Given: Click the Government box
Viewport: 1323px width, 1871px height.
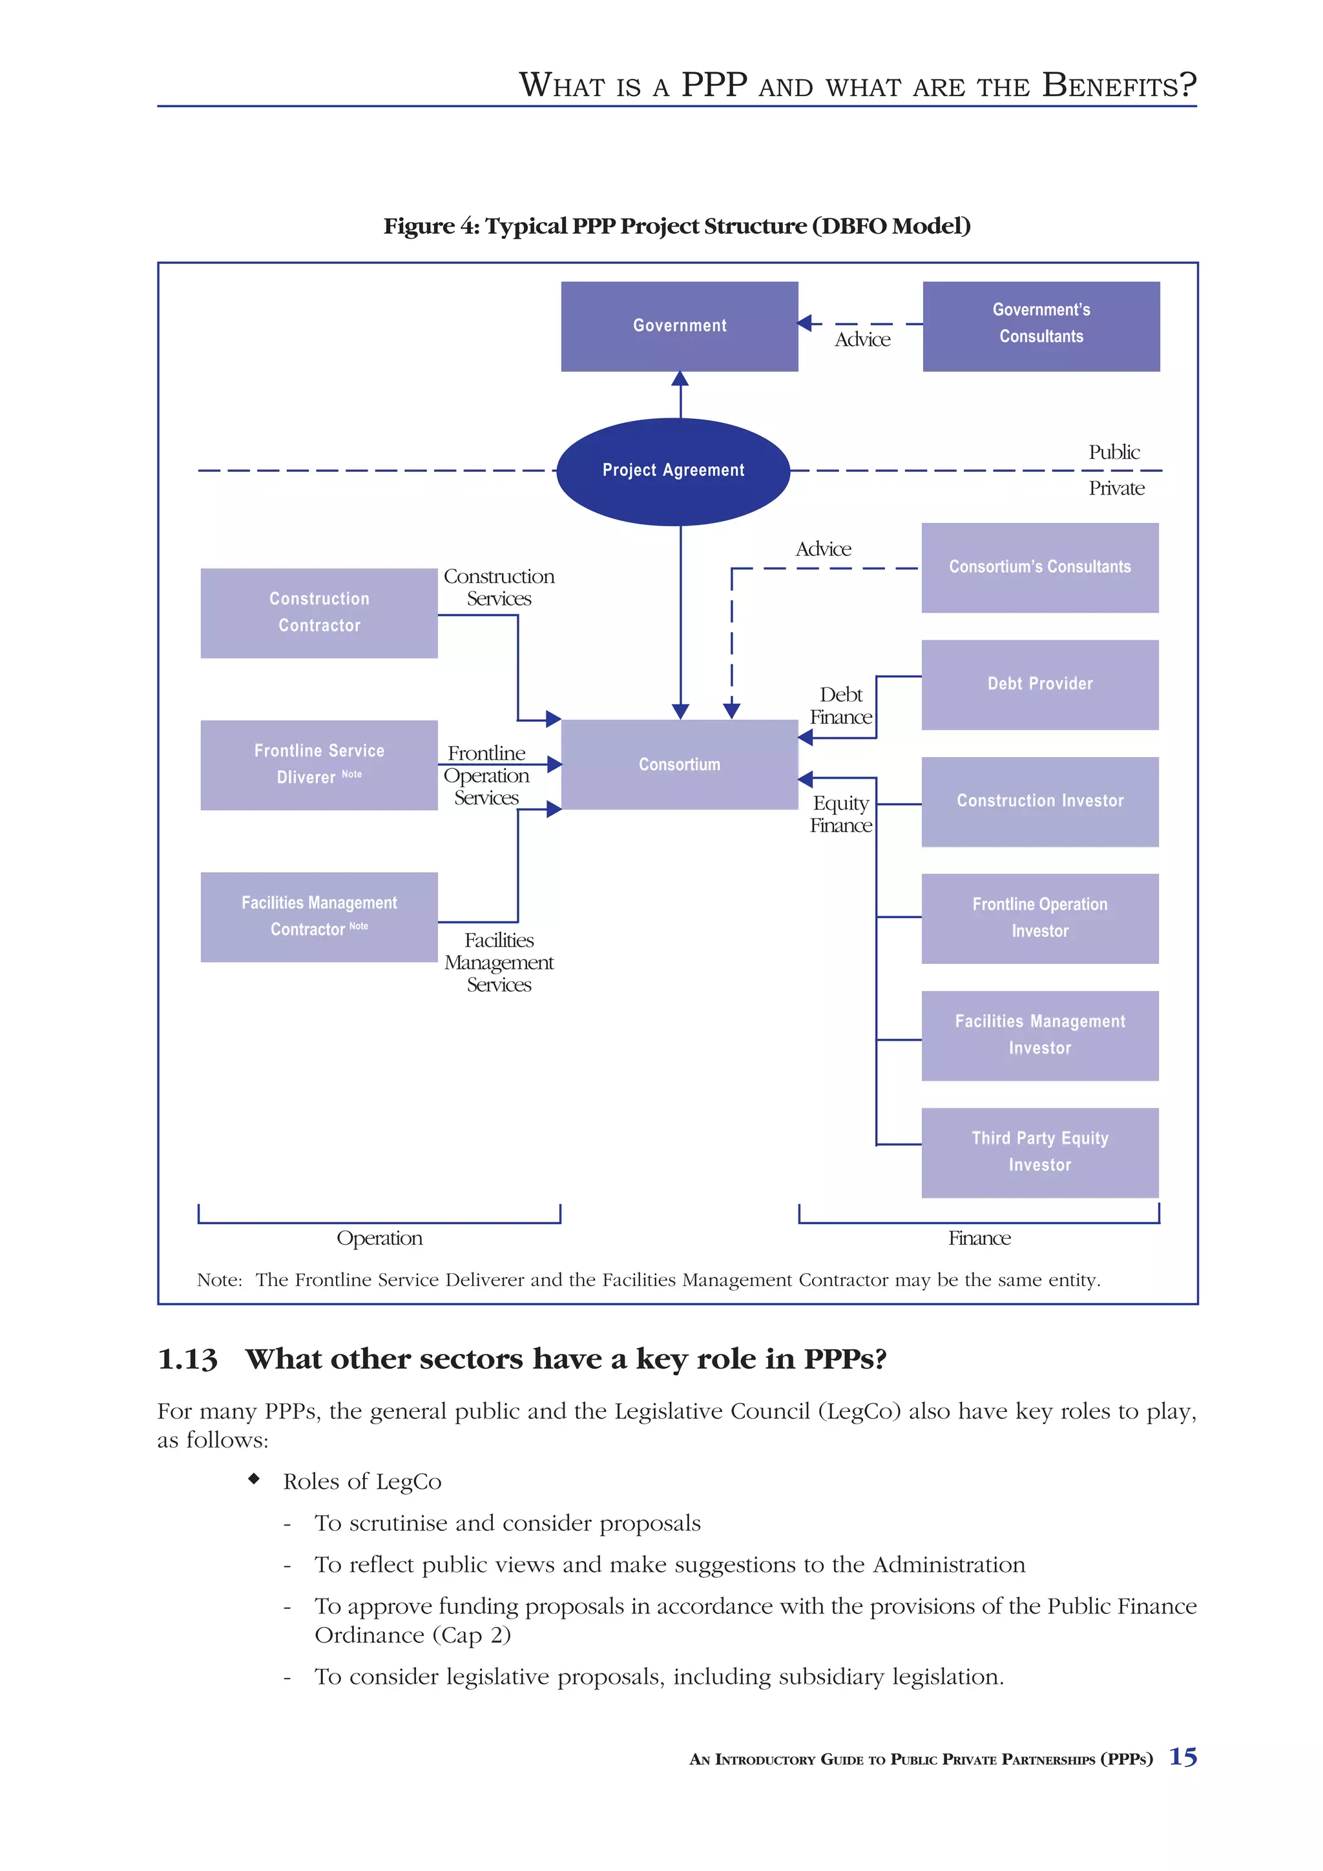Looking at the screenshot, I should pyautogui.click(x=679, y=326).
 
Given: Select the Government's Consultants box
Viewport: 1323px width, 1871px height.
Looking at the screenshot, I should pyautogui.click(x=1041, y=326).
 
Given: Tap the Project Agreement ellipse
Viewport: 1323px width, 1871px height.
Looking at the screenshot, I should pyautogui.click(x=673, y=471).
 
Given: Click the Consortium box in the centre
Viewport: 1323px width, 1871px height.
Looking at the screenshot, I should pyautogui.click(x=679, y=764).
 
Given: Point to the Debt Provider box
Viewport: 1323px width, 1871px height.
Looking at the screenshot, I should pyautogui.click(x=1039, y=684).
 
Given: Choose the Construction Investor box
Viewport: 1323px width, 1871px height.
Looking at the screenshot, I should pyautogui.click(x=1039, y=801).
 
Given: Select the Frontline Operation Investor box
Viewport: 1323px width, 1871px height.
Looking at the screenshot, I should pyautogui.click(x=1039, y=918).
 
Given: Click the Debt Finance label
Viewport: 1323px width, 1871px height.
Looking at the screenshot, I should pyautogui.click(x=840, y=706).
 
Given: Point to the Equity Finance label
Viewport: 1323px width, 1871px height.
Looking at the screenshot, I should pyautogui.click(x=840, y=814).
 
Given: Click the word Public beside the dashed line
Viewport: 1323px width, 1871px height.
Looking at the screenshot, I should pyautogui.click(x=1114, y=453).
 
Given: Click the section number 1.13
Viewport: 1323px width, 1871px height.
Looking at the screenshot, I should pyautogui.click(x=187, y=1359).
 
